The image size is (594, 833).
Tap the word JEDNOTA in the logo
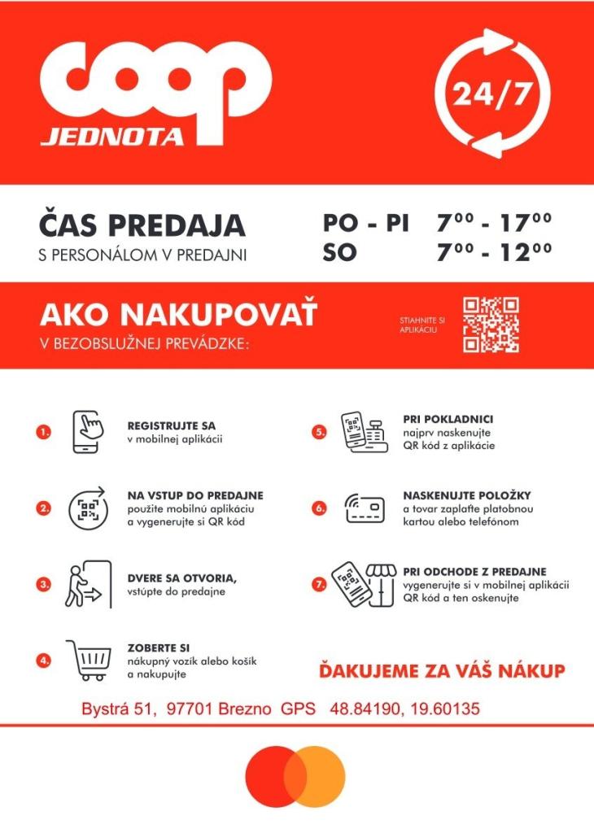[112, 136]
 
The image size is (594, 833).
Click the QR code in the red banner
[491, 325]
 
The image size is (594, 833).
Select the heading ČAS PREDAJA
[142, 225]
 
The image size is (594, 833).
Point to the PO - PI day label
[365, 224]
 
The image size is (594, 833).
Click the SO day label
[339, 253]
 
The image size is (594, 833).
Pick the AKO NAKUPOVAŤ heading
[178, 313]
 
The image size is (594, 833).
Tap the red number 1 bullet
[44, 432]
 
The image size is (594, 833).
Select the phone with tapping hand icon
[90, 431]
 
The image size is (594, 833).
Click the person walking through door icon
[85, 583]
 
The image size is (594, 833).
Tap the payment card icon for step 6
[364, 508]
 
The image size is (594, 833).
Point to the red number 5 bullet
[319, 432]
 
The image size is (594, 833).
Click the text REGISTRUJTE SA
[172, 425]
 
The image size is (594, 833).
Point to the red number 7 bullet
[319, 583]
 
